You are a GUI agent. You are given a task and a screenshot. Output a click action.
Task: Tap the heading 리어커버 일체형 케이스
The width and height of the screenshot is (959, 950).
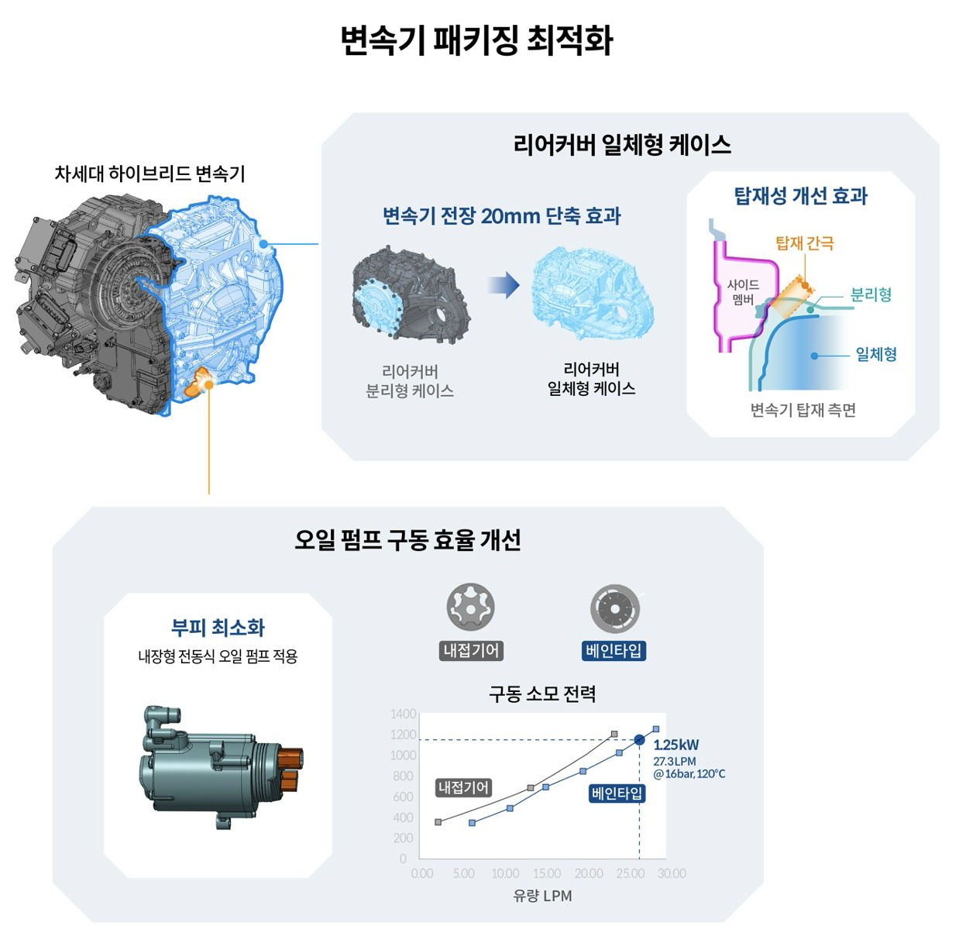pos(622,145)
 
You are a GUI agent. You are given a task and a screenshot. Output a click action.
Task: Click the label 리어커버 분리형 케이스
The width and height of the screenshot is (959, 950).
pos(410,381)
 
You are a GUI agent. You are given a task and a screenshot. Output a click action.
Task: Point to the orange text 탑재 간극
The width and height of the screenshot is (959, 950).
pos(805,243)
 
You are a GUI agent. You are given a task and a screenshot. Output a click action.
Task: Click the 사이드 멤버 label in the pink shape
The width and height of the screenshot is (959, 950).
pos(743,292)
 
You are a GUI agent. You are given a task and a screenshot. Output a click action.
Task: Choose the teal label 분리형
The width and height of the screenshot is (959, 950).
pos(871,295)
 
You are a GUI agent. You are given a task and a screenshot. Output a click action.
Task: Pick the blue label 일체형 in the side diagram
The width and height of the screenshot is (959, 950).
pos(876,355)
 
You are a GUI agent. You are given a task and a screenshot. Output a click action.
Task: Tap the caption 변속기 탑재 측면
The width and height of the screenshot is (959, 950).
pos(803,410)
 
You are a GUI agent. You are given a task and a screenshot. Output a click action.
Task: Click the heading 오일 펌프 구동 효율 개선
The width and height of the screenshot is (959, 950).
pos(407,540)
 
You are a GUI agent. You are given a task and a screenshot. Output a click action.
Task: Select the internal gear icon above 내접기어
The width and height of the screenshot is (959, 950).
pos(470,607)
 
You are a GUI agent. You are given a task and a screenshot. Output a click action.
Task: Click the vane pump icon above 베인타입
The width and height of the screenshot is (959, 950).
pos(614,608)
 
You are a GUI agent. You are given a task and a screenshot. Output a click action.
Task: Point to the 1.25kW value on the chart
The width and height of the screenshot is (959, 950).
pos(676,745)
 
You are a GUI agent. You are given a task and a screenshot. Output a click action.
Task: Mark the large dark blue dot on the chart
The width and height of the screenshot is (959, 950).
pos(639,740)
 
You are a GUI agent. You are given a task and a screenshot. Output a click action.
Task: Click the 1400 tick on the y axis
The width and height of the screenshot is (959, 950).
pos(403,714)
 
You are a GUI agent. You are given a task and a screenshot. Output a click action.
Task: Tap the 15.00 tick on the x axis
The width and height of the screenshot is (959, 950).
pos(547,873)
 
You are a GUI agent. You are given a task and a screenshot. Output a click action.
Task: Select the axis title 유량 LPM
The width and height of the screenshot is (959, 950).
pos(542,896)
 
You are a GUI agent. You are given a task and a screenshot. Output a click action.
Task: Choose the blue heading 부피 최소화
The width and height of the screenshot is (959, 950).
pos(218,627)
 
